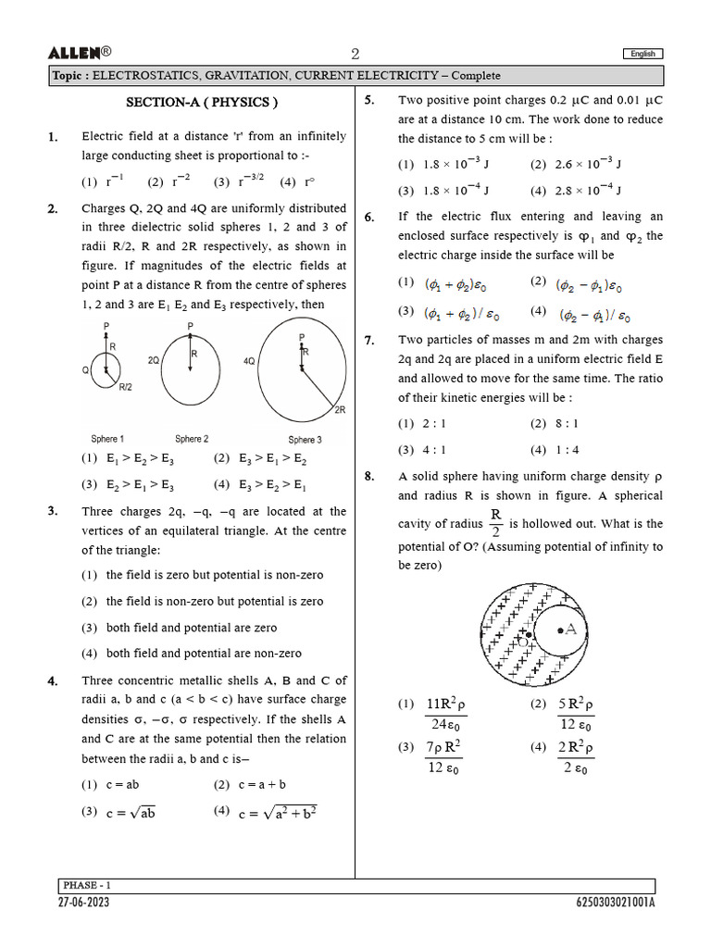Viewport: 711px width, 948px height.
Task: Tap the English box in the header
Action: [642, 55]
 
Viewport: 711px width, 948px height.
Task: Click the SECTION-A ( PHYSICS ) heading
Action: [201, 103]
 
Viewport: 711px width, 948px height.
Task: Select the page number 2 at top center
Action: [355, 54]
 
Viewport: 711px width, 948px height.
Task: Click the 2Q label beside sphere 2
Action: [155, 357]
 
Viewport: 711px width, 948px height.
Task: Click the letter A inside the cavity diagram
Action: [570, 630]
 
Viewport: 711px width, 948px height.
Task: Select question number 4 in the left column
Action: [53, 681]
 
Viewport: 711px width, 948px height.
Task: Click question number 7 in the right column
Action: [369, 341]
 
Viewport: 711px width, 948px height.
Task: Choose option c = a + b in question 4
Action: [259, 784]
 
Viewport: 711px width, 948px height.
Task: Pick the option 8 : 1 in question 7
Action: [567, 423]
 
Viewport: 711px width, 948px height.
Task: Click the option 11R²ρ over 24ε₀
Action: [446, 714]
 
